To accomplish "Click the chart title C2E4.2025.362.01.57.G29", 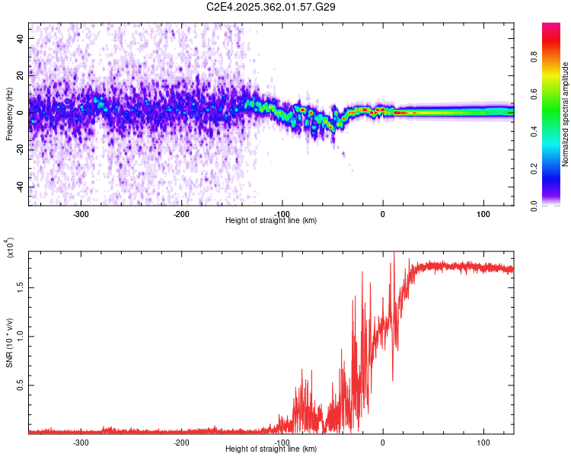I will [272, 7].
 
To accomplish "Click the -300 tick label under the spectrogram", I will [81, 214].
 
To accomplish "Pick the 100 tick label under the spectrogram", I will [483, 214].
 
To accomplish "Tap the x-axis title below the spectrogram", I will [271, 221].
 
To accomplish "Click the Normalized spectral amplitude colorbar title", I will [565, 114].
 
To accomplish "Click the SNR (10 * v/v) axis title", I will [9, 340].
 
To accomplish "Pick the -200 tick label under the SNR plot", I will [181, 443].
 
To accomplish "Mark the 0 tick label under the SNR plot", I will [383, 443].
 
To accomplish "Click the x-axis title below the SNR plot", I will [271, 449].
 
